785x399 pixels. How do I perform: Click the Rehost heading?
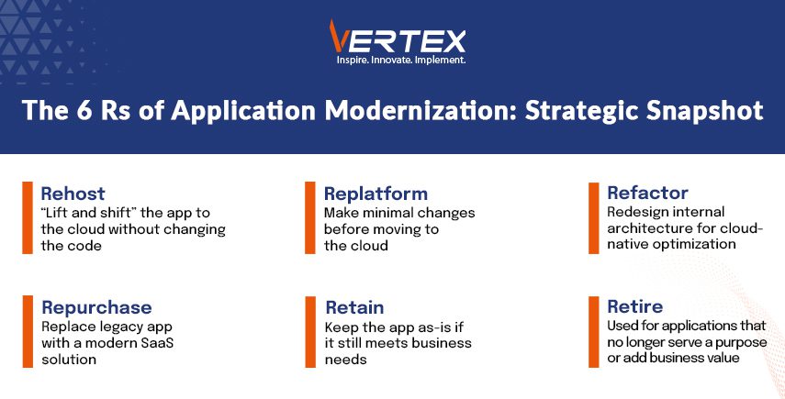tap(73, 194)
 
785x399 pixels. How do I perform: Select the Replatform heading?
tap(376, 194)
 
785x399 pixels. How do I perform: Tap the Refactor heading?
tap(647, 193)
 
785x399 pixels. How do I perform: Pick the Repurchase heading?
tap(96, 307)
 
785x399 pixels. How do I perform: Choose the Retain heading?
tap(354, 307)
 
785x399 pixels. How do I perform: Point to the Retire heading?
tap(634, 306)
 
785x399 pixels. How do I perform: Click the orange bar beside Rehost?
tap(27, 217)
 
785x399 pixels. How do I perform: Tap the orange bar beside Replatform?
tap(310, 217)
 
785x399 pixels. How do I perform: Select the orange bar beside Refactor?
tap(593, 217)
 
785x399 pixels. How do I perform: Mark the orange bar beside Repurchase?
tap(27, 331)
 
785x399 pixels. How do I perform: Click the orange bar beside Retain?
tap(310, 331)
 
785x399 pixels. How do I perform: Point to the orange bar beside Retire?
tap(593, 331)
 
